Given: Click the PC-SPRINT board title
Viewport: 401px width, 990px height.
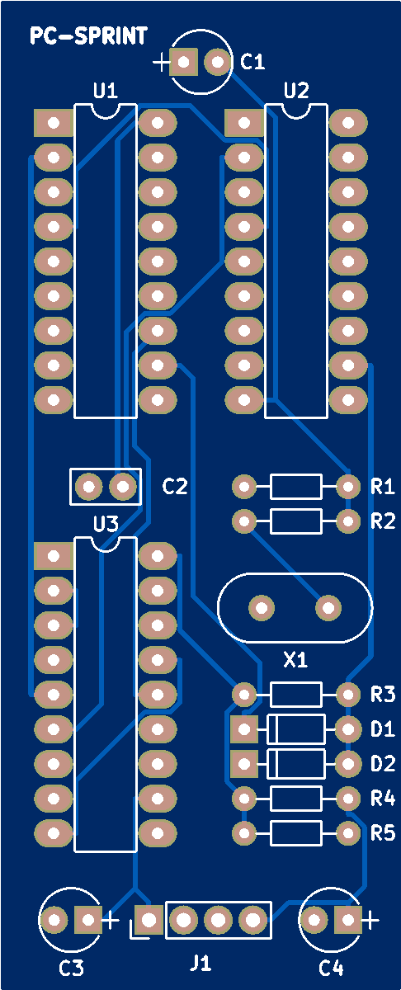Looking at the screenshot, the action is click(x=88, y=35).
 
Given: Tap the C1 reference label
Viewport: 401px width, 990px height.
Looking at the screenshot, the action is click(x=252, y=61).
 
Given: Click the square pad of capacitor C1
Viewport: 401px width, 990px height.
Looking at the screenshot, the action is click(x=183, y=62).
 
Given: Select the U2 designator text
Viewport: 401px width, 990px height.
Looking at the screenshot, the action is click(x=296, y=91).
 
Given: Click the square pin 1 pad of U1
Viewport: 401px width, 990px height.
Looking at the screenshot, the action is click(x=54, y=122).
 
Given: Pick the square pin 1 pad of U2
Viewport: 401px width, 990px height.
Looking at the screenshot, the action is click(x=244, y=122).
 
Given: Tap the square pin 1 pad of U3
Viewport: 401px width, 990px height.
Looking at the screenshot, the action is click(x=54, y=556).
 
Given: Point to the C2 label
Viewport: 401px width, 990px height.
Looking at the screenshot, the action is click(x=175, y=486).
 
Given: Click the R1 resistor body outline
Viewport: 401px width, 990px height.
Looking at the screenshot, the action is click(x=295, y=487).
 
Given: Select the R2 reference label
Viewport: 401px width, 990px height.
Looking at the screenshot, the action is click(x=382, y=521).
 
